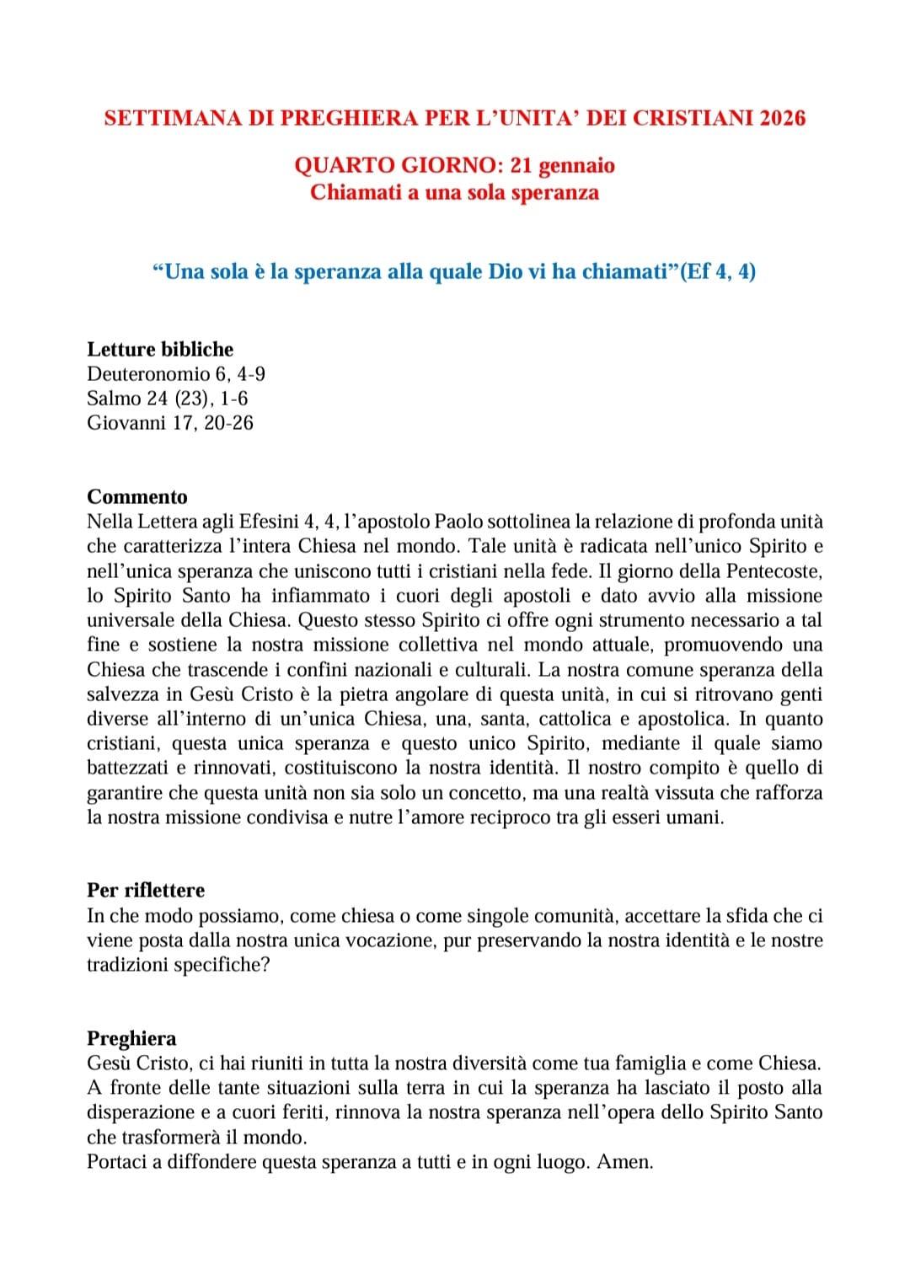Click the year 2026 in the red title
click(783, 118)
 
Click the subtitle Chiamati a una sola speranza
click(454, 192)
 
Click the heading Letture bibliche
click(160, 349)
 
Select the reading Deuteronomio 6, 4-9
click(176, 373)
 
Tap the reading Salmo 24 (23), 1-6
click(167, 398)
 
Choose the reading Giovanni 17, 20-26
click(169, 422)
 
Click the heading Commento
click(137, 496)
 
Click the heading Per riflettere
click(146, 890)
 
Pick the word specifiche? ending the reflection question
click(222, 965)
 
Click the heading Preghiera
click(131, 1038)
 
